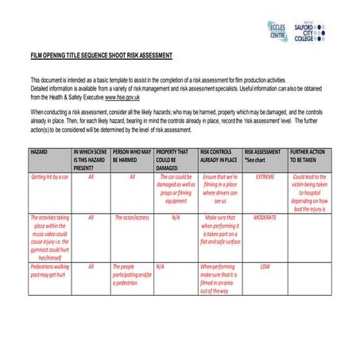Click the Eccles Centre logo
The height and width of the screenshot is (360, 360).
click(x=277, y=32)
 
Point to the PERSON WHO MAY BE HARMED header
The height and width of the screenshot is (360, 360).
click(x=132, y=154)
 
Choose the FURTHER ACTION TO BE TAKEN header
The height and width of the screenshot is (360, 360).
click(x=308, y=154)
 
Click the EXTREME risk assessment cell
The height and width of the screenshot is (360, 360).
click(x=265, y=176)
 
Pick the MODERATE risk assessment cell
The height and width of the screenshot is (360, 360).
click(x=265, y=217)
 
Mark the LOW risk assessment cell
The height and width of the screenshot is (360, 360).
click(x=265, y=266)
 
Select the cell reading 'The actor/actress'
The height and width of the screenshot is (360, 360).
click(x=132, y=217)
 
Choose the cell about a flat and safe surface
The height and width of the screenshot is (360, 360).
click(x=220, y=230)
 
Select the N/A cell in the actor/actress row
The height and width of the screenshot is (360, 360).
click(x=176, y=217)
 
